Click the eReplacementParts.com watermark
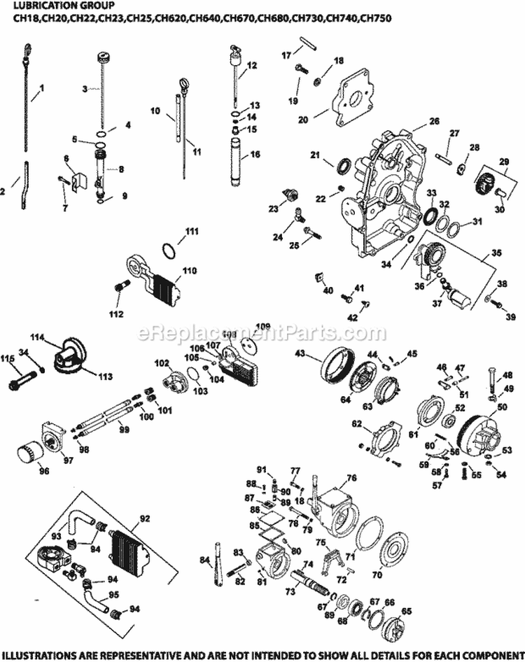coord(262,332)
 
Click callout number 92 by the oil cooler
coord(145,519)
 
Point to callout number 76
coord(351,477)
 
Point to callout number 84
coord(204,558)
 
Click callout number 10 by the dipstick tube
coord(155,111)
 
